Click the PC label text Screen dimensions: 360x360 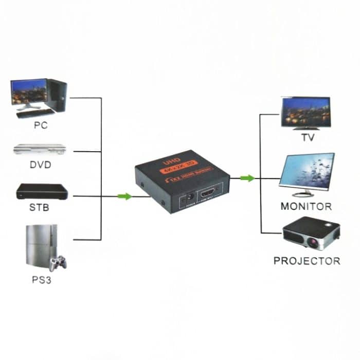point(40,125)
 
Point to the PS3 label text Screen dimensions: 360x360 point(41,281)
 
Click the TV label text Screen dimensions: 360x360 point(308,138)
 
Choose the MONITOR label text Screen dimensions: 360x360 point(306,207)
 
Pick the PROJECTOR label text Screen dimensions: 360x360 point(307,261)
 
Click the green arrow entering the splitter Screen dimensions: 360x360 point(123,196)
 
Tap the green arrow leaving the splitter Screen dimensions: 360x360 point(247,178)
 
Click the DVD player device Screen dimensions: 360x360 point(40,149)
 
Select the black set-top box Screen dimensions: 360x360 point(42,191)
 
